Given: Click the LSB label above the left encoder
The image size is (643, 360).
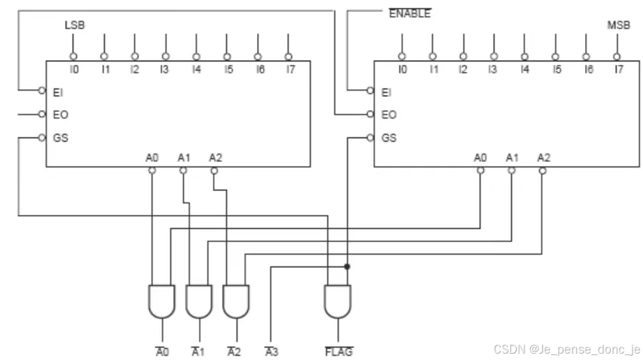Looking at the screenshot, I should click(x=74, y=26).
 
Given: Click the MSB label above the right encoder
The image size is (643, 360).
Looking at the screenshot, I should click(x=618, y=26).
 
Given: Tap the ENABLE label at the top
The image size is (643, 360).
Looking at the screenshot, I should click(x=409, y=13).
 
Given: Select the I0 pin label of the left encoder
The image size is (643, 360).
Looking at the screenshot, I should click(x=74, y=69).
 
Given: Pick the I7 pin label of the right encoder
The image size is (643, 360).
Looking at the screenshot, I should click(x=618, y=69).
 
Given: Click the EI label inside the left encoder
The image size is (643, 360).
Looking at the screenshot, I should click(x=58, y=91).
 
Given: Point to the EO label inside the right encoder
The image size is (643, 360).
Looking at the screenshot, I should click(x=389, y=114).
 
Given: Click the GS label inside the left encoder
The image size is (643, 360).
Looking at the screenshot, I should click(x=60, y=137).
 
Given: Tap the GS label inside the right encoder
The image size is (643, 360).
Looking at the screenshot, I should click(x=389, y=137).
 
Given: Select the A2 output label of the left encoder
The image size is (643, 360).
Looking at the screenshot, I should click(x=215, y=158).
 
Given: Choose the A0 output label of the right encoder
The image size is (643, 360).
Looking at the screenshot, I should click(x=480, y=158).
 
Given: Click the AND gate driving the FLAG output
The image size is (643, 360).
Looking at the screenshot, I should click(x=338, y=301).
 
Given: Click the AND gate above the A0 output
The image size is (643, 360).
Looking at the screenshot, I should click(x=162, y=301).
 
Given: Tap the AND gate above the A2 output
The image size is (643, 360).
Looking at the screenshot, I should click(x=235, y=301).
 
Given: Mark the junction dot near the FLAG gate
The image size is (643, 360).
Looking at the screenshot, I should click(x=346, y=267).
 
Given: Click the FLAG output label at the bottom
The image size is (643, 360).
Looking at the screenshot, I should click(x=339, y=352).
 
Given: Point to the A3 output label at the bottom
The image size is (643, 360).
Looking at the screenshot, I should click(x=272, y=352).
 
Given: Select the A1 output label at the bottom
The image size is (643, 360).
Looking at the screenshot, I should click(x=199, y=352).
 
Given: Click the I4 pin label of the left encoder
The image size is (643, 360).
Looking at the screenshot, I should click(x=196, y=69).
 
